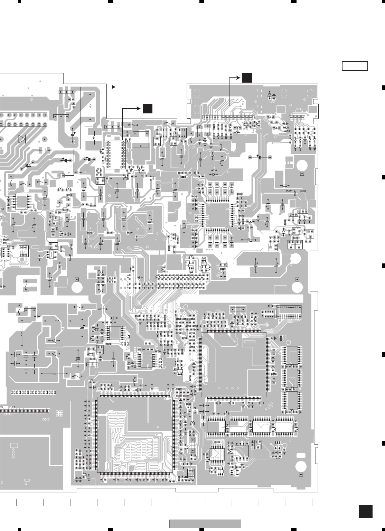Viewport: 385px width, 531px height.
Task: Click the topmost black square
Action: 247,78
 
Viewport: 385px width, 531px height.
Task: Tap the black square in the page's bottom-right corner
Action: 366,511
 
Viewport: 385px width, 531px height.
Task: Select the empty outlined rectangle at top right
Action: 355,66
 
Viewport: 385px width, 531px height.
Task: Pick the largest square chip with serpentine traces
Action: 135,435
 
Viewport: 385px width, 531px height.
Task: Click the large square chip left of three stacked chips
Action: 234,364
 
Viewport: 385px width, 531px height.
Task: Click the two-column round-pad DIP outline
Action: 115,155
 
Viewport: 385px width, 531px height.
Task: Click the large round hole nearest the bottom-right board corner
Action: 301,466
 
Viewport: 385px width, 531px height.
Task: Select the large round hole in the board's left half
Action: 77,288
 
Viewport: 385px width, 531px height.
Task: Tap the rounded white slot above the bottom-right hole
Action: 301,455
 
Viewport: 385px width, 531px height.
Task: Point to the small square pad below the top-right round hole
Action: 301,174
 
